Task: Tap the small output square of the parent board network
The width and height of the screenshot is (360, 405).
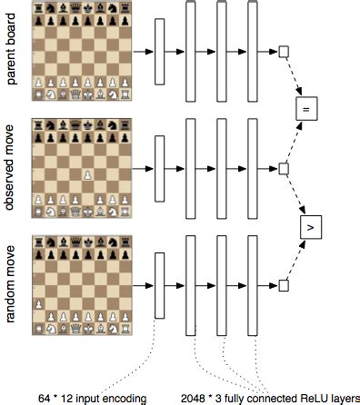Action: click(283, 52)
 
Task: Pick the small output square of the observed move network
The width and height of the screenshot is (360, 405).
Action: click(283, 169)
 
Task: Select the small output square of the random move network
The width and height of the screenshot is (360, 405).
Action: click(283, 285)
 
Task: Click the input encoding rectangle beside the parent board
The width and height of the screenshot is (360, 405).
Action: click(160, 52)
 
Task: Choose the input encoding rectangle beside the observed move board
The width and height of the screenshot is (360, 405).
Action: click(160, 169)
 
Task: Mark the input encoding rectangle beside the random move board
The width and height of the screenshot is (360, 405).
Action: click(160, 285)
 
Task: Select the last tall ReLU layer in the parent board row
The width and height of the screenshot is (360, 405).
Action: click(249, 52)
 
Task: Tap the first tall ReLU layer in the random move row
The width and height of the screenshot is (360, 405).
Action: click(191, 285)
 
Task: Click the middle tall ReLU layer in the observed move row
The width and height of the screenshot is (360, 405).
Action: click(220, 169)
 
